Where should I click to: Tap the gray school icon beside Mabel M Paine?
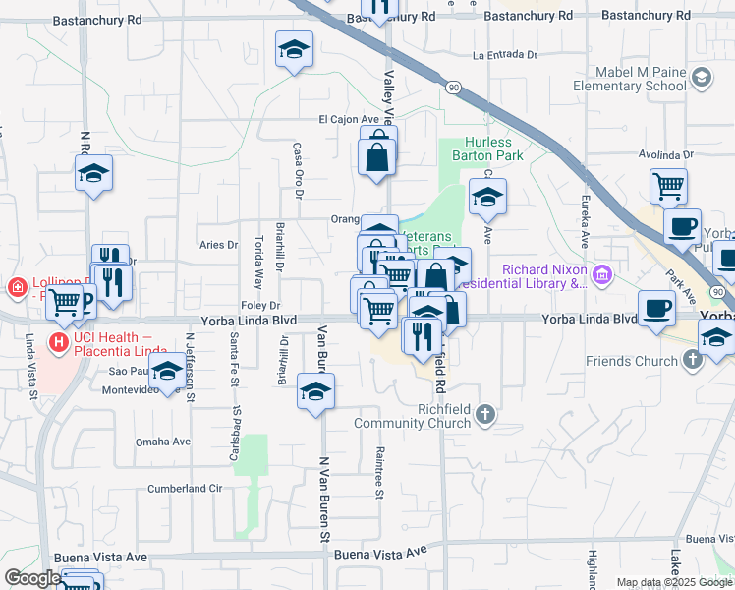point(701,77)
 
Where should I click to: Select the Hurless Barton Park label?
point(487,148)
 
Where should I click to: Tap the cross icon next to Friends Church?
point(694,360)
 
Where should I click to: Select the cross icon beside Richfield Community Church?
point(484,416)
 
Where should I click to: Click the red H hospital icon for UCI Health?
point(58,343)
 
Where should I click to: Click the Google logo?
point(31,578)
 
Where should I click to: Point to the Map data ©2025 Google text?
point(674,582)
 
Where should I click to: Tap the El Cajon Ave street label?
point(347,120)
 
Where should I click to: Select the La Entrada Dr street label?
point(507,55)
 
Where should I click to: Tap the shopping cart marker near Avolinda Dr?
point(668,184)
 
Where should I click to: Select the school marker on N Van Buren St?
point(316,392)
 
